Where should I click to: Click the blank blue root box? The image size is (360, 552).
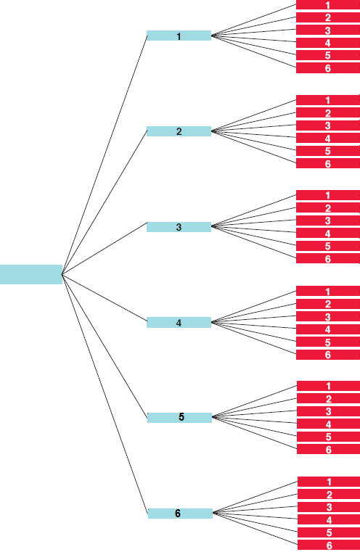31,274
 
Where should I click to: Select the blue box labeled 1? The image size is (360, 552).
179,36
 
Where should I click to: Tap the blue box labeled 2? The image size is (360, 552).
179,131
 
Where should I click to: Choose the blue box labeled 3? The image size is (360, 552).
179,227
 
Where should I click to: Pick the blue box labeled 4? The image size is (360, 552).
179,323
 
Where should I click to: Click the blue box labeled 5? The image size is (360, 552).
180,418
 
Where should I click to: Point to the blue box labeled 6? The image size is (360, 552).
180,514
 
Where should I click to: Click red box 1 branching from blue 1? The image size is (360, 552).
328,4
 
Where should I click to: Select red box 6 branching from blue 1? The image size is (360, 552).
328,68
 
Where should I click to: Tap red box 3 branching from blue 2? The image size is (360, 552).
328,125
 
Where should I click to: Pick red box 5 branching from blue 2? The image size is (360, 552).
328,151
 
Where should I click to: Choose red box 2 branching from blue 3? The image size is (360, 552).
328,207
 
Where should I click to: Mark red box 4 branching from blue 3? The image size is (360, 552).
328,233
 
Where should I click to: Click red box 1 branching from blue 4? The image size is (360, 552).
328,291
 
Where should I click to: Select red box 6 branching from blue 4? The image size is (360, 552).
328,355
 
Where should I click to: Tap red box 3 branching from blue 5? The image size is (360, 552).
329,411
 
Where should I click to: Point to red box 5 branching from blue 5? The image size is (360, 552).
329,437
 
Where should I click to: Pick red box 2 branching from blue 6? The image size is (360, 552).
329,494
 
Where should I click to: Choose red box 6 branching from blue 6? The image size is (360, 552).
329,545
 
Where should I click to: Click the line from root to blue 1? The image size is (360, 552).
105,155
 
